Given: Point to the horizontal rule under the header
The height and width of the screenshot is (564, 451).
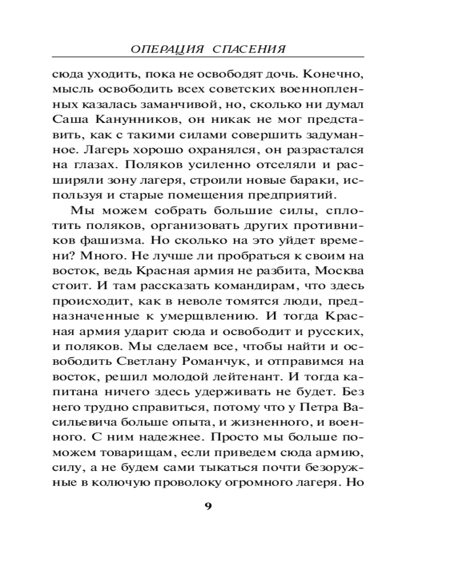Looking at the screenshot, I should [207, 58].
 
